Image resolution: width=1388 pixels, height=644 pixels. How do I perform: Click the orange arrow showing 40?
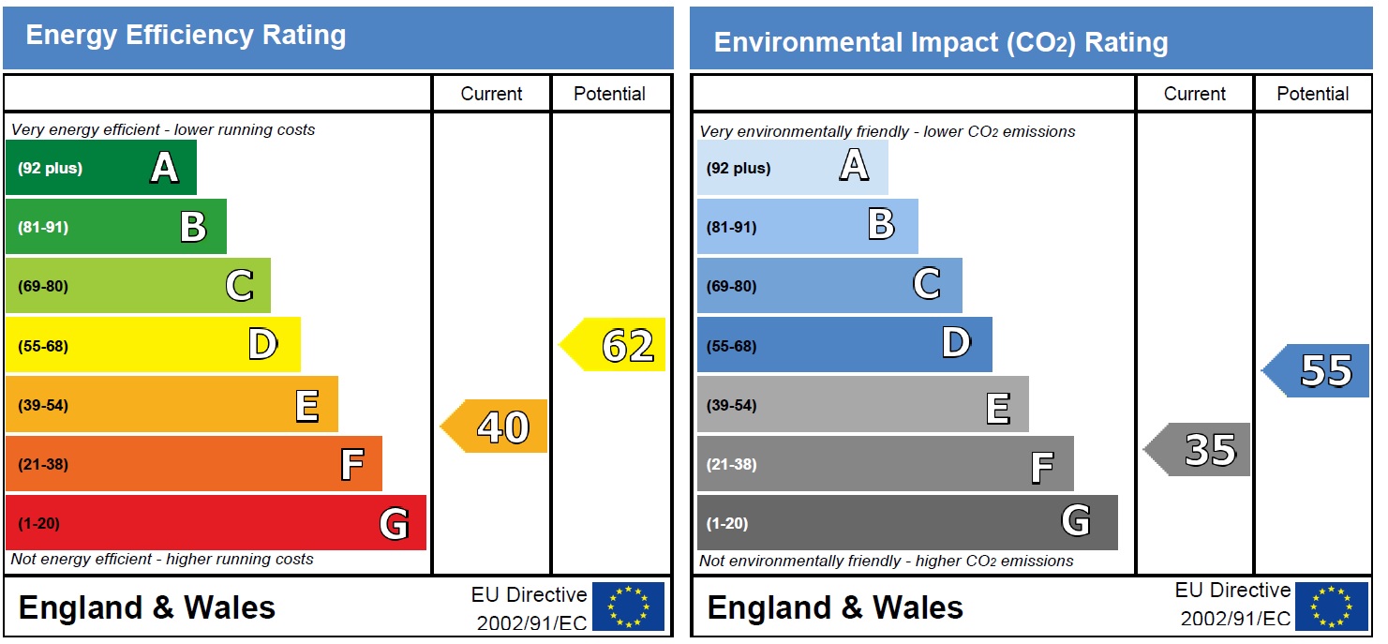coord(496,427)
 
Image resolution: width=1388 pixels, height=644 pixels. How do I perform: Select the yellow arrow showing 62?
coord(615,345)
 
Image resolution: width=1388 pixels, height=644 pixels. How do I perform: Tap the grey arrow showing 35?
coord(1200,449)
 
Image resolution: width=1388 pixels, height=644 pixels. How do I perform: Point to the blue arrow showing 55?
coord(1319,370)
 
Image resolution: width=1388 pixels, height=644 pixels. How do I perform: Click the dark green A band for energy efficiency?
coord(101,168)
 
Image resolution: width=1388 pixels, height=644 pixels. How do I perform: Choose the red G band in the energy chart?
coord(216,523)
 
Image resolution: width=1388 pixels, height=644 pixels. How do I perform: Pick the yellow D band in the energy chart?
coord(153,345)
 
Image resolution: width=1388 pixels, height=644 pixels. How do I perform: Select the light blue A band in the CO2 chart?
coord(792,168)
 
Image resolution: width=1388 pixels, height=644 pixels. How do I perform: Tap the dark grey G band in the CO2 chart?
coord(906,523)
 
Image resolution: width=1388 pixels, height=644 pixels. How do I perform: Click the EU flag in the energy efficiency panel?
coord(628,607)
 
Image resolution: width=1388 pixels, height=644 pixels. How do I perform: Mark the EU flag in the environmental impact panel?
coord(1332,607)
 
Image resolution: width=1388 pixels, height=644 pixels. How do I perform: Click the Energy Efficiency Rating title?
coord(186,36)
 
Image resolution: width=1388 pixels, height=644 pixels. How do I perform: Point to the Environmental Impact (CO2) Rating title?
coord(940,42)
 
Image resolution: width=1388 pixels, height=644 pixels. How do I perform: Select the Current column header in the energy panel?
coord(491,94)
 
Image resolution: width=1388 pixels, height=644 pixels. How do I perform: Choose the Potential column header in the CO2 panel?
coord(1312,94)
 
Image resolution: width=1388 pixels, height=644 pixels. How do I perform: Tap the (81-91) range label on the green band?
coord(43,227)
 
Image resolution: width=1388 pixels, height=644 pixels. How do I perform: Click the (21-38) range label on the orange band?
coord(43,464)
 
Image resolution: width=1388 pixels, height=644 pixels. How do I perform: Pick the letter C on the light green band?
coord(239,286)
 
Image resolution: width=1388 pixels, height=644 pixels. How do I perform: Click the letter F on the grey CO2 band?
coord(1041,466)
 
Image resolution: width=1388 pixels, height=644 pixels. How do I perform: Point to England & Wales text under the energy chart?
coord(147,607)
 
